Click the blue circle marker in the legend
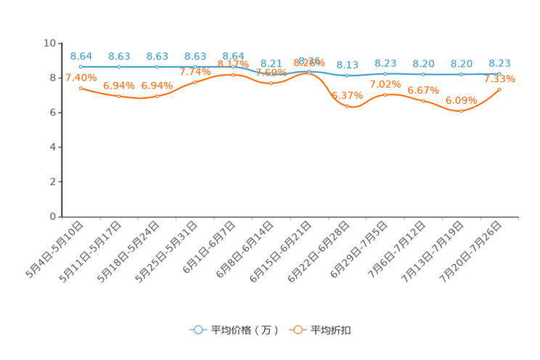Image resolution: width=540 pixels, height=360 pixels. (x=197, y=330)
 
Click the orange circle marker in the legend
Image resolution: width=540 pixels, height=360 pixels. (x=298, y=330)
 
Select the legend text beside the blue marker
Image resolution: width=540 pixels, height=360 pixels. (x=244, y=330)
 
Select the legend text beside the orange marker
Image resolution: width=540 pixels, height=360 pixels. (x=332, y=330)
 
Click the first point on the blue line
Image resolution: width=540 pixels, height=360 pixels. (x=81, y=67)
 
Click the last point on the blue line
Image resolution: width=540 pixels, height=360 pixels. (x=499, y=74)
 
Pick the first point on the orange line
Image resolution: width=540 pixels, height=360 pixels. (x=81, y=88)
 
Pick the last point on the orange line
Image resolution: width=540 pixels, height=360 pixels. (x=499, y=89)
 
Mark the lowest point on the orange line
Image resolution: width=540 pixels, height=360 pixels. (x=461, y=111)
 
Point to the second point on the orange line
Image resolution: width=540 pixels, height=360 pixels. (x=119, y=96)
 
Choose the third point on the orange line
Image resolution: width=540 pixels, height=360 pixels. (x=157, y=96)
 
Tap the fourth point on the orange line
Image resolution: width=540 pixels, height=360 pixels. (x=195, y=82)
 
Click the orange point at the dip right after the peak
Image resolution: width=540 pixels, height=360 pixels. (x=348, y=106)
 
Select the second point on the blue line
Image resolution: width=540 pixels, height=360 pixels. (x=119, y=67)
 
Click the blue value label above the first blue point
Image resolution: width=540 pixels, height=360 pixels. (x=81, y=55)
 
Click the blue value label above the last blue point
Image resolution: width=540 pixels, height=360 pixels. (x=499, y=63)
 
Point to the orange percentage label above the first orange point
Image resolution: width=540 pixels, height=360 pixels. (x=81, y=77)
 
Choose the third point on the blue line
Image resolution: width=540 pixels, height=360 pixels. (x=157, y=67)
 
